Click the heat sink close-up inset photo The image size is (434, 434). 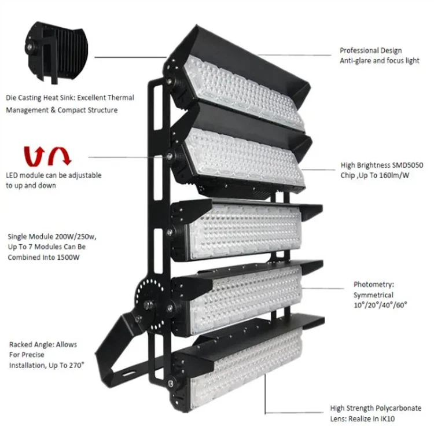click(56, 53)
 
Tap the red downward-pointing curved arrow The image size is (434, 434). click(60, 156)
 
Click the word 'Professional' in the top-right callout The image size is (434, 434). click(358, 51)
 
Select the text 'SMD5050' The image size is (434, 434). click(406, 165)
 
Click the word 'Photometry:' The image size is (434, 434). click(374, 285)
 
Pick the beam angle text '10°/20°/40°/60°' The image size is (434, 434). click(380, 305)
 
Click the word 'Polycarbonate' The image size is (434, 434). click(402, 409)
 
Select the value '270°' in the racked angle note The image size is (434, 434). click(76, 365)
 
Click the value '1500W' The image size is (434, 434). click(68, 258)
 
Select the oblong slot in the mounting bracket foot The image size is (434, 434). click(128, 374)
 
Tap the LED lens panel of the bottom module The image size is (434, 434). click(247, 368)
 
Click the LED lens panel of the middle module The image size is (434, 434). click(245, 233)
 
